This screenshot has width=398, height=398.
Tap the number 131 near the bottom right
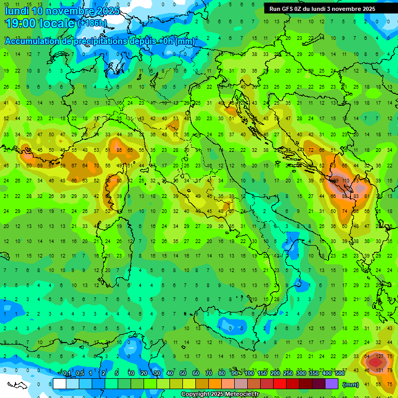pos(379,371)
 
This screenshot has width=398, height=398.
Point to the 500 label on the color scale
pos(339,374)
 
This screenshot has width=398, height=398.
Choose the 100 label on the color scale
pos(249,374)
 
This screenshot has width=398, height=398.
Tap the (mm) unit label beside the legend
pos(351,385)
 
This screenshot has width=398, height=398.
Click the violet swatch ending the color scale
pos(332,384)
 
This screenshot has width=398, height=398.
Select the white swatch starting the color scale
pos(60,384)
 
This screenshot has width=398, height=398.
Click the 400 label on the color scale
pos(326,374)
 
